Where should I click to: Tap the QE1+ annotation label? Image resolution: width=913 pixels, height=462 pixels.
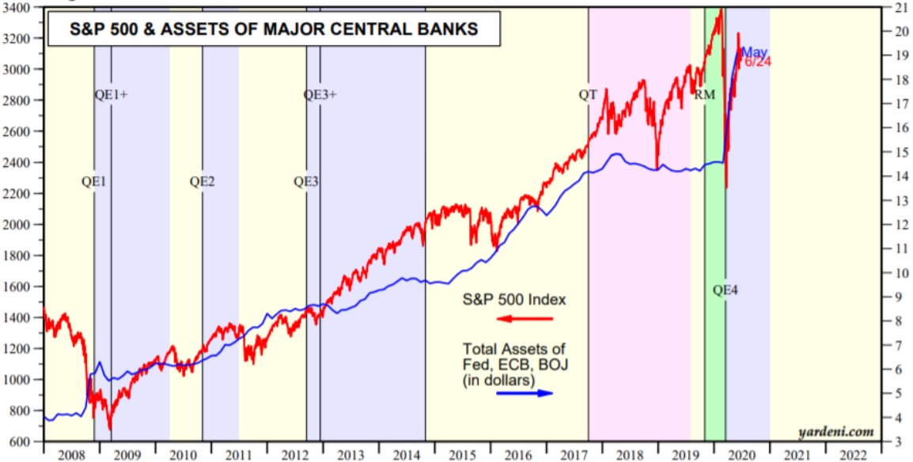(x=111, y=95)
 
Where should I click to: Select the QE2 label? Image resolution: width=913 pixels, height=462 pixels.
(x=203, y=181)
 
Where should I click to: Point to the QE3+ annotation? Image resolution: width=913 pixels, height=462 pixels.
(x=320, y=95)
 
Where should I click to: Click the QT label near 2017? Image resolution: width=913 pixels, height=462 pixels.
(x=587, y=95)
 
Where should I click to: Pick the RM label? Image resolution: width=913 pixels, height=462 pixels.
(x=704, y=95)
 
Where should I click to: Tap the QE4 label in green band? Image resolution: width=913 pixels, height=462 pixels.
(x=725, y=289)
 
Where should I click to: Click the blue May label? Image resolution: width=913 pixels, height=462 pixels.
(x=754, y=53)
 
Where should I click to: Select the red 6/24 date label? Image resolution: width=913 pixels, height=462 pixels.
(x=755, y=62)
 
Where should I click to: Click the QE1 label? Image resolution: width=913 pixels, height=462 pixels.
(x=94, y=181)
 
